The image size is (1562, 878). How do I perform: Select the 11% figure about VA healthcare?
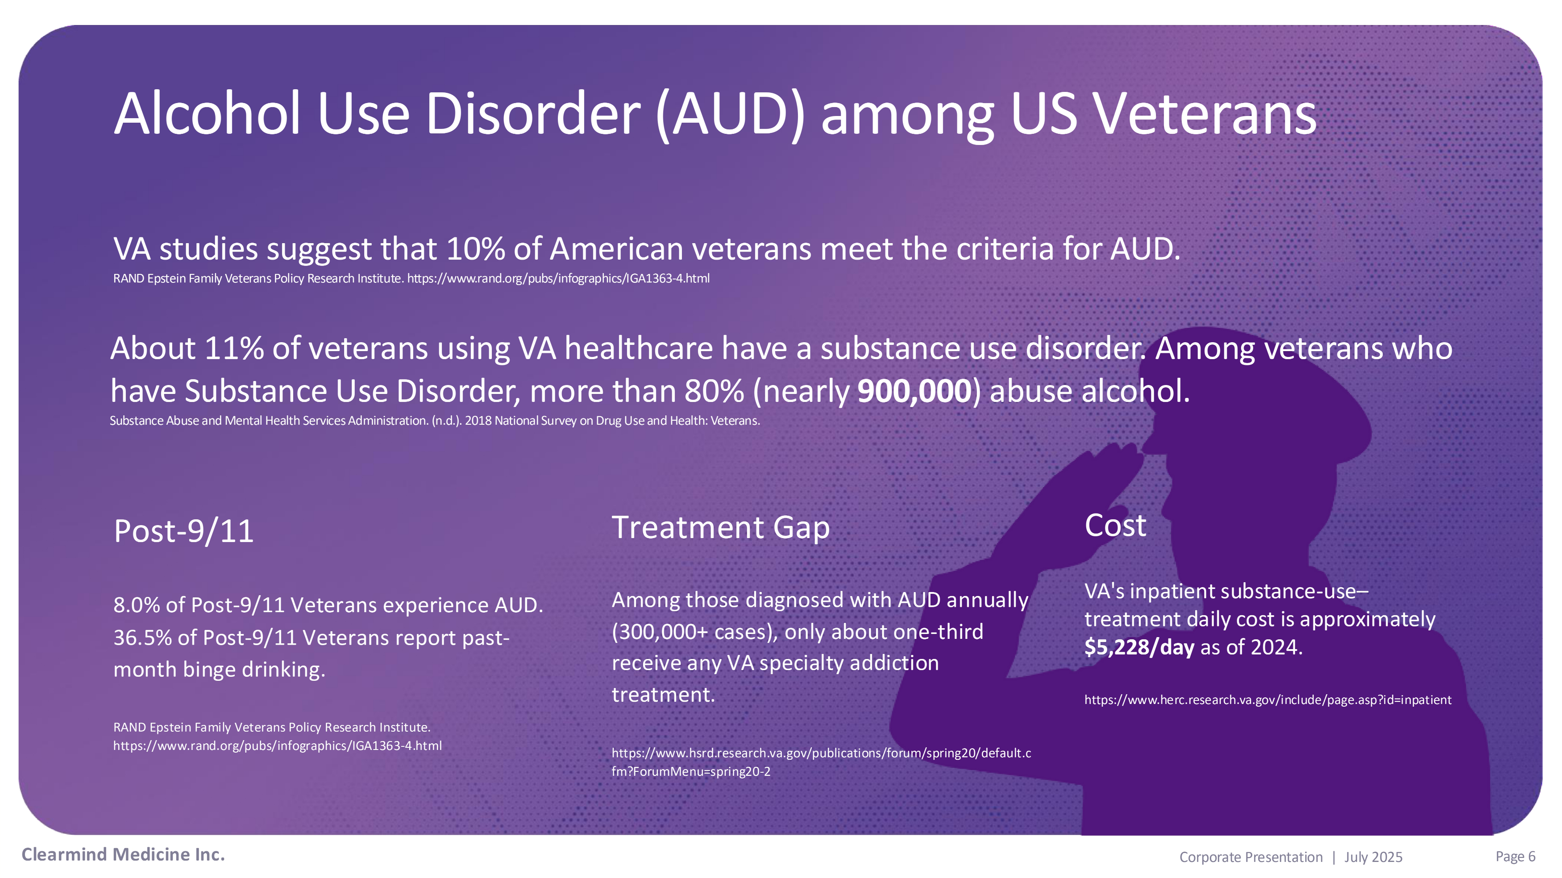pos(233,348)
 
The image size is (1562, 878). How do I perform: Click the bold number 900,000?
pos(915,391)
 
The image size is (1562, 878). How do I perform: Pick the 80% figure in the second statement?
pos(715,391)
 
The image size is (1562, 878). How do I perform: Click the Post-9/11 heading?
pos(184,531)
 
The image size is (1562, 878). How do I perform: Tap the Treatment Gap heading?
pos(720,527)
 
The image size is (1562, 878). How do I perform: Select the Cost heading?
pos(1115,525)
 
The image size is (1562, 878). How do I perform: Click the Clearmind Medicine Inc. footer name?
pos(123,855)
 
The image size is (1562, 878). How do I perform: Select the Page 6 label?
pos(1515,857)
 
